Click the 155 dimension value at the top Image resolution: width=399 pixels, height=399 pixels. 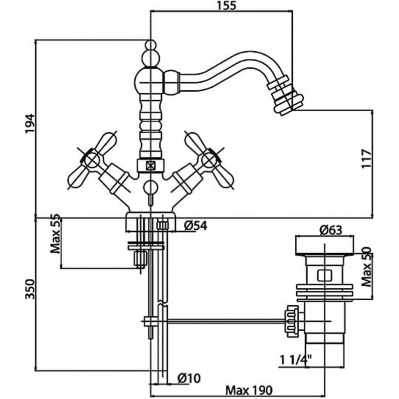pyautogui.click(x=226, y=5)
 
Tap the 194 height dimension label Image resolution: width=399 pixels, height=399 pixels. pyautogui.click(x=30, y=123)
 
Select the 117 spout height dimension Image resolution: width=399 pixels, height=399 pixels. pyautogui.click(x=367, y=159)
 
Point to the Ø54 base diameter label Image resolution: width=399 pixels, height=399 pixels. pyautogui.click(x=196, y=225)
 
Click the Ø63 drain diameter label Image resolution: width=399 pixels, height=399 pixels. pyautogui.click(x=331, y=230)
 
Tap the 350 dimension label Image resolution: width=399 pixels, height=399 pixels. pyautogui.click(x=30, y=289)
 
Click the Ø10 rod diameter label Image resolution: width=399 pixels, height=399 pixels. pyautogui.click(x=189, y=378)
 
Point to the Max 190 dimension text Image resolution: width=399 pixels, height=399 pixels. pyautogui.click(x=249, y=390)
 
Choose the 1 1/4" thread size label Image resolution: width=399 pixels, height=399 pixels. pyautogui.click(x=296, y=360)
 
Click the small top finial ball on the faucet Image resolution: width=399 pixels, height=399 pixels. pyautogui.click(x=151, y=44)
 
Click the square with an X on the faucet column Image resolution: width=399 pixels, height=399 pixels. pyautogui.click(x=151, y=166)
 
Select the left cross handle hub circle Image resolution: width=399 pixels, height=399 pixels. pyautogui.click(x=92, y=160)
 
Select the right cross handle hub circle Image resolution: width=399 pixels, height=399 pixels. pyautogui.click(x=209, y=160)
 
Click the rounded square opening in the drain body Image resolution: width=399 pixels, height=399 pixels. pyautogui.click(x=325, y=275)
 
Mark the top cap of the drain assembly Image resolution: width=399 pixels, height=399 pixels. pyautogui.click(x=325, y=245)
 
